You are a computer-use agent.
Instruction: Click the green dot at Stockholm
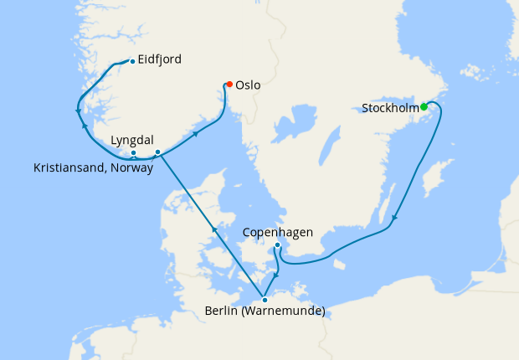pyautogui.click(x=424, y=106)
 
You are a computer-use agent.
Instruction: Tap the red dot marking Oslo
pyautogui.click(x=229, y=84)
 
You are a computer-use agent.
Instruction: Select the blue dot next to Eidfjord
pyautogui.click(x=132, y=61)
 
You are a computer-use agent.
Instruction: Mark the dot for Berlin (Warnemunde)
pyautogui.click(x=265, y=300)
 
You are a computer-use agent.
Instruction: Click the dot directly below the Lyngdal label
pyautogui.click(x=133, y=152)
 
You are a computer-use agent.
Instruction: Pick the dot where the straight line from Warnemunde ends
pyautogui.click(x=157, y=152)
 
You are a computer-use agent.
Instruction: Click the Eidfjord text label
pyautogui.click(x=160, y=60)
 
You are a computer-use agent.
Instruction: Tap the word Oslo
pyautogui.click(x=249, y=85)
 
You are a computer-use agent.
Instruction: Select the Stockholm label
pyautogui.click(x=390, y=108)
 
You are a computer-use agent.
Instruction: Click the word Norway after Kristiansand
pyautogui.click(x=135, y=167)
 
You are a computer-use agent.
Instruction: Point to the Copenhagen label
pyautogui.click(x=277, y=232)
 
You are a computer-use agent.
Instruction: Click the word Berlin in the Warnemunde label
pyautogui.click(x=222, y=314)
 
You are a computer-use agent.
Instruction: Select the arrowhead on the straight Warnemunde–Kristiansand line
pyautogui.click(x=213, y=228)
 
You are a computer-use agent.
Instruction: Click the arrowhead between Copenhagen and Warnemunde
pyautogui.click(x=277, y=274)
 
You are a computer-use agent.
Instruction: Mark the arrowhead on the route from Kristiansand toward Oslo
pyautogui.click(x=196, y=132)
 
